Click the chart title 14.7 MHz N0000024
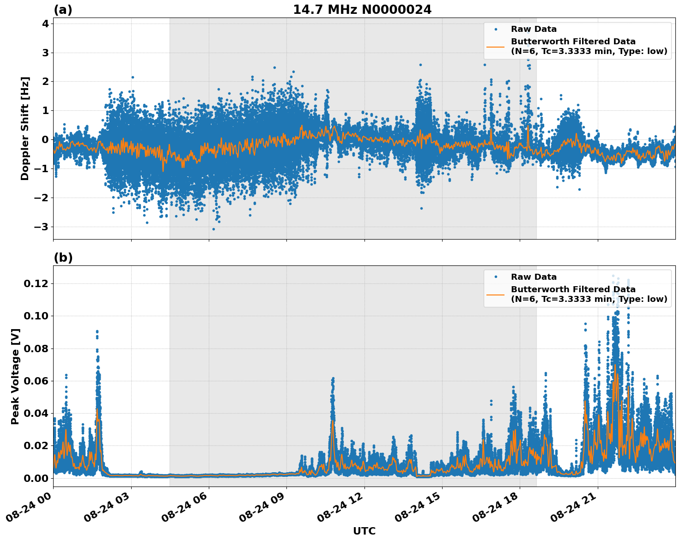[x=362, y=10]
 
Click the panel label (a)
[x=63, y=10]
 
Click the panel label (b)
[x=63, y=258]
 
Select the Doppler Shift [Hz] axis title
[x=25, y=128]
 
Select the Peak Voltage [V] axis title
[x=15, y=376]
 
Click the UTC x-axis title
[x=364, y=531]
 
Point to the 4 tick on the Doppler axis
[x=45, y=24]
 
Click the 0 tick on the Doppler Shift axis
[x=45, y=139]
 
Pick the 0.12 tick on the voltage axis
[x=35, y=283]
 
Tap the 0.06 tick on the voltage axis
[x=35, y=381]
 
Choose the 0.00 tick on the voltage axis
[x=35, y=478]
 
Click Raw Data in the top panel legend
[x=534, y=29]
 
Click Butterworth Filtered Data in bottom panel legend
[x=573, y=289]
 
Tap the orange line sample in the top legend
[x=496, y=46]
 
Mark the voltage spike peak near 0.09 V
[x=97, y=331]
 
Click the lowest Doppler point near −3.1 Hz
[x=213, y=229]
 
